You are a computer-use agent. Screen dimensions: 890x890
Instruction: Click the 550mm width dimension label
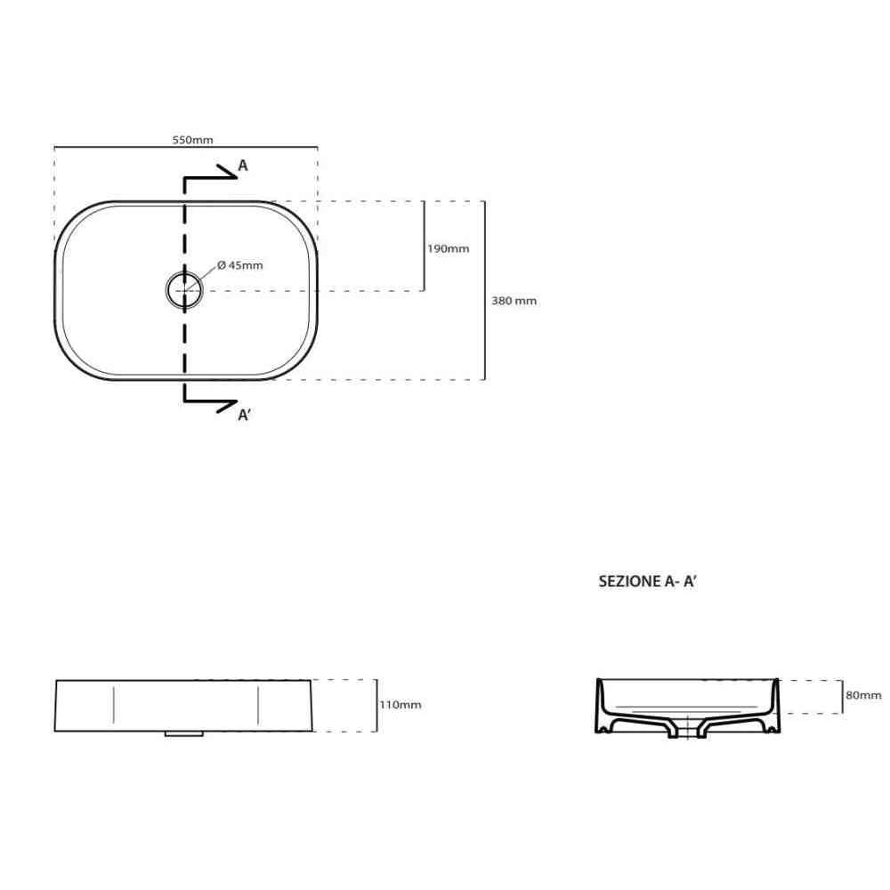click(192, 140)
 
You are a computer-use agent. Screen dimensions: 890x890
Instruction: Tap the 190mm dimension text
click(448, 248)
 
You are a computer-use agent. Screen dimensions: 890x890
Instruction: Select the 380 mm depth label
click(514, 301)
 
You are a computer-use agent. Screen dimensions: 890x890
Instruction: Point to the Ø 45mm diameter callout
click(240, 265)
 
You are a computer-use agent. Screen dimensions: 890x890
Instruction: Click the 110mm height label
click(400, 705)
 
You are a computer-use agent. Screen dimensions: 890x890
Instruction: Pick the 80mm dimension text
click(863, 695)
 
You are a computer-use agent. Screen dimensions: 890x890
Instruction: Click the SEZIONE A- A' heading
click(647, 581)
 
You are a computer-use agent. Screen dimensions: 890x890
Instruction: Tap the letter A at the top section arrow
click(243, 166)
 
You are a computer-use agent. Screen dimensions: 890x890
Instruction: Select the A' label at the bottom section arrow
click(244, 415)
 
